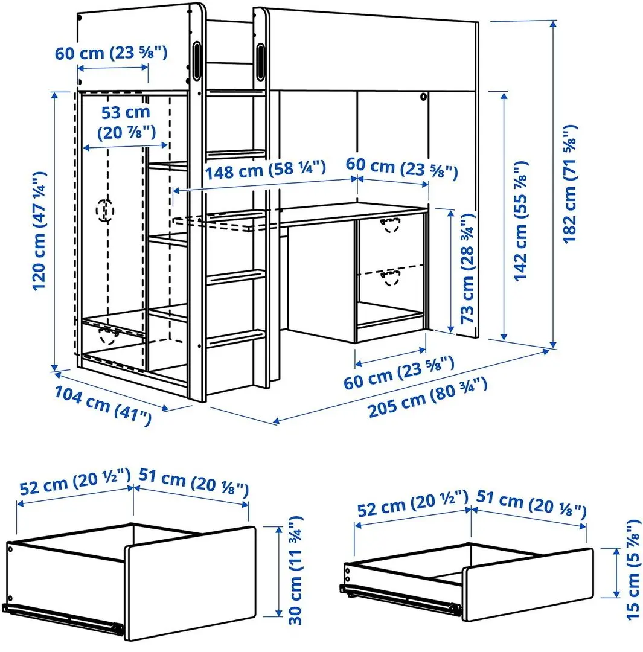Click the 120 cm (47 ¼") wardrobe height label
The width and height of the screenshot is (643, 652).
click(x=40, y=231)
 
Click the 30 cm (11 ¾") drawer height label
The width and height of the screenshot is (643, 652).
click(x=295, y=570)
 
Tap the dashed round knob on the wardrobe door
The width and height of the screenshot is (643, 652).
click(x=105, y=210)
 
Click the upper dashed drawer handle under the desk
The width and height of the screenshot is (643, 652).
click(x=391, y=225)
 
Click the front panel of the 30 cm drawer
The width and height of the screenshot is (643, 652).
click(x=190, y=582)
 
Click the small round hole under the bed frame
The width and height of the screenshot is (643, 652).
click(x=423, y=97)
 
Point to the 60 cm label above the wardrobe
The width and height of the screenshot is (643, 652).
click(x=111, y=53)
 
